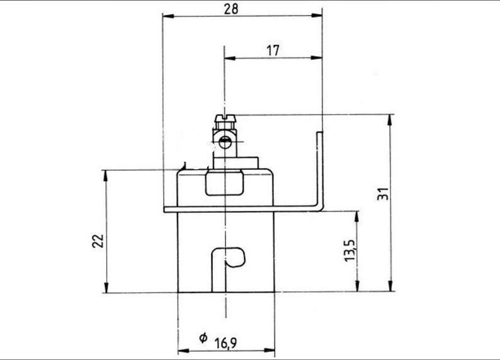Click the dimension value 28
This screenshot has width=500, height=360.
[x=231, y=9]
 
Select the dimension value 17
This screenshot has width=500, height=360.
[x=273, y=50]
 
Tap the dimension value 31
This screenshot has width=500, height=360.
[x=384, y=194]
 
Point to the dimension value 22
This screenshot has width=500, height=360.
[x=98, y=241]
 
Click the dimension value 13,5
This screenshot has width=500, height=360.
[x=349, y=250]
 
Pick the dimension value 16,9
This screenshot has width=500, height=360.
[x=225, y=343]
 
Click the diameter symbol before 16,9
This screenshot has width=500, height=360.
[x=203, y=338]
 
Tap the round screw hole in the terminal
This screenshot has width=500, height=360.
[x=225, y=142]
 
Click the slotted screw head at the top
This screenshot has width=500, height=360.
[x=225, y=119]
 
